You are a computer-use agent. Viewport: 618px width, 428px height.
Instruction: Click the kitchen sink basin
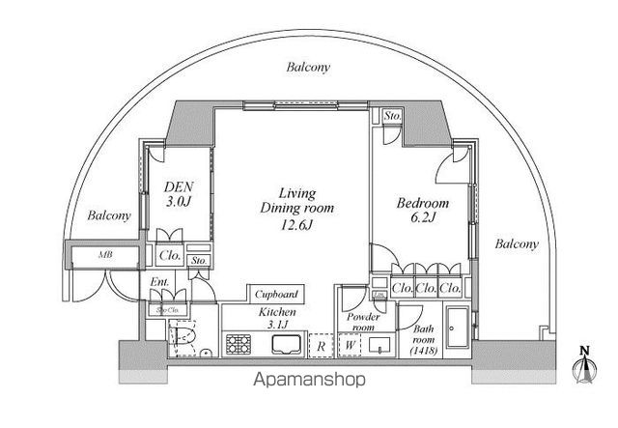click(x=285, y=344)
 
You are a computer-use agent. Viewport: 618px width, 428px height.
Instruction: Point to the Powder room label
click(x=362, y=322)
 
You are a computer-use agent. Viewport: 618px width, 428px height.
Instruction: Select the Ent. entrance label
click(x=159, y=283)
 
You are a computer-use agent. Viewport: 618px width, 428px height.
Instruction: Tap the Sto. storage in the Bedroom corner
click(x=391, y=117)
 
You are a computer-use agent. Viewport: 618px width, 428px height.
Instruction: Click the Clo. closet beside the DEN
click(x=168, y=257)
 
